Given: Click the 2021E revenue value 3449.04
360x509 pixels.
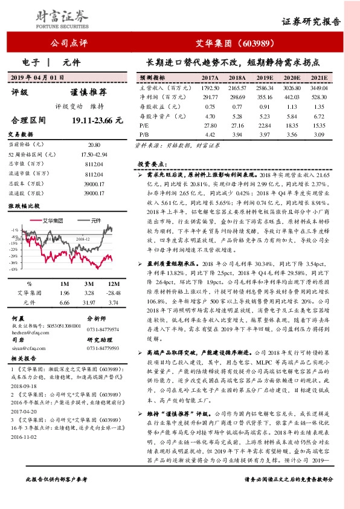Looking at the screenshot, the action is point(318,88).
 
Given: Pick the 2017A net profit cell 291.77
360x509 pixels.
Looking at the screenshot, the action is point(210,97).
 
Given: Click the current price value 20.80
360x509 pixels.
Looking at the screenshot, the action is point(94,145).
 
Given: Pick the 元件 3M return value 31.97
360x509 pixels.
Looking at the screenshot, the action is point(88,302).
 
